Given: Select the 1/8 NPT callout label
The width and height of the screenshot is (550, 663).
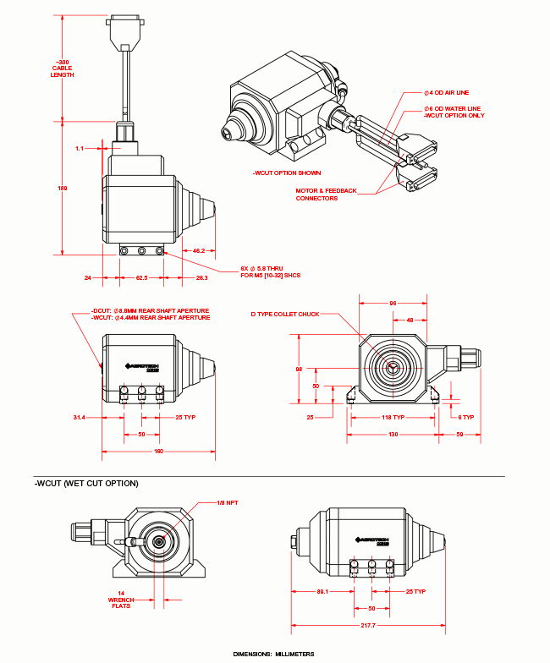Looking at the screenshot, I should point(226,503).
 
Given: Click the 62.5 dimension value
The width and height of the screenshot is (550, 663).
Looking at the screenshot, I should point(141,277).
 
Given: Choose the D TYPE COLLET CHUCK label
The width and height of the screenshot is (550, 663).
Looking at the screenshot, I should point(285,314).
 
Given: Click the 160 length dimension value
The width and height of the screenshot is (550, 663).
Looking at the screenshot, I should point(158,451).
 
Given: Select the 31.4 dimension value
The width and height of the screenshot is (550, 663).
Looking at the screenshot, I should point(80,417).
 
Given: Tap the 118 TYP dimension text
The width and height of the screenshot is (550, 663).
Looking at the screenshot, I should point(393,417).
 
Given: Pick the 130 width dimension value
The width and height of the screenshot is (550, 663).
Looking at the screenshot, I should point(393,434).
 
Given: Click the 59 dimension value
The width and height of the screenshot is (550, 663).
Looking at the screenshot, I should point(459,434).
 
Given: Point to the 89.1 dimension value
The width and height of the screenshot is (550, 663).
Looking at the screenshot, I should point(322,592).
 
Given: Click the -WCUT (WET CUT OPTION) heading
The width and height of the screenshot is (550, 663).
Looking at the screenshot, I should point(86,484).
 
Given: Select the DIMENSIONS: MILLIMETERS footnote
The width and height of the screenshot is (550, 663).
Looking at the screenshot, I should point(273,654).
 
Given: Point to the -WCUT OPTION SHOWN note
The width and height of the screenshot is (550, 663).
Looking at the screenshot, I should point(287,173).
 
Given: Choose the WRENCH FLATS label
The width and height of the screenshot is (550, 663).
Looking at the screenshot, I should point(122,600).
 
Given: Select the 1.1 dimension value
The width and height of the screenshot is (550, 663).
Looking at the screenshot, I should point(80,148).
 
